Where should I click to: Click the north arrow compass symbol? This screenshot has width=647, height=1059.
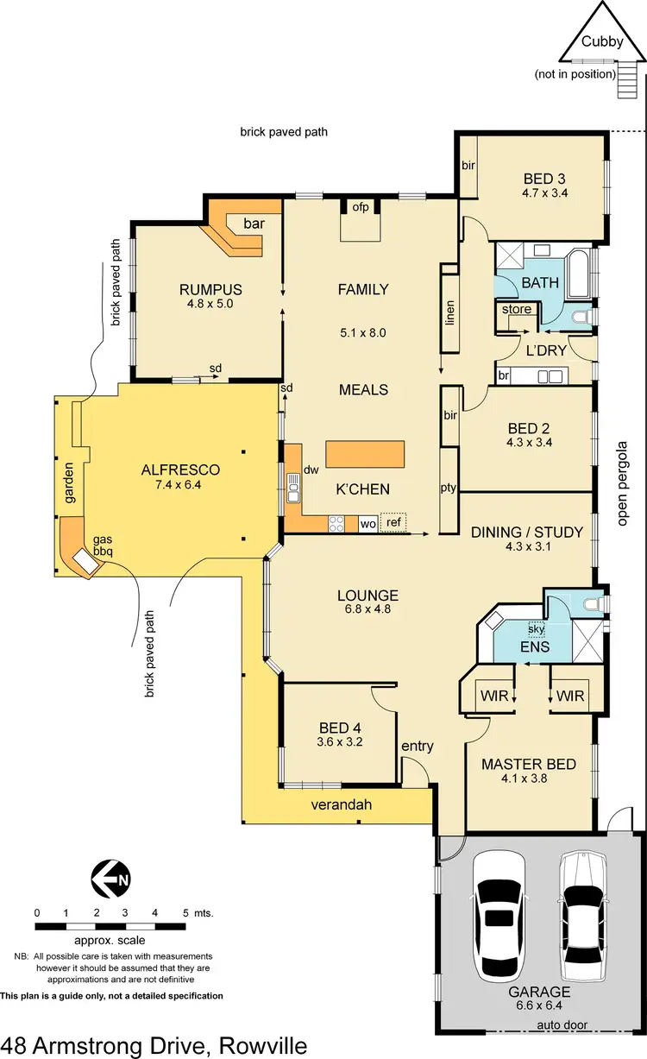[110, 879]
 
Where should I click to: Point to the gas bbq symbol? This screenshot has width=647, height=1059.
[86, 561]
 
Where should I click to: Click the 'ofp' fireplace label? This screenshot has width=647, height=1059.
[361, 207]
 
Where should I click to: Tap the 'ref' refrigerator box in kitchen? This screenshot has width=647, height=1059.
[393, 522]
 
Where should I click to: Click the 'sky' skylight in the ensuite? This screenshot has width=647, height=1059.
[537, 628]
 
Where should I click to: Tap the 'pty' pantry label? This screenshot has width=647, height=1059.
[449, 488]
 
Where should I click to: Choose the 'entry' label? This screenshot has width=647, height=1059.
[418, 746]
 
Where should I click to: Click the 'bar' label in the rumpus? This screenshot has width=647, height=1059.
[254, 224]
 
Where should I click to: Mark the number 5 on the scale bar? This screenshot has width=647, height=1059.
[185, 912]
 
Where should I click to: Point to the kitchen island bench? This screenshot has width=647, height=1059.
[365, 455]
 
